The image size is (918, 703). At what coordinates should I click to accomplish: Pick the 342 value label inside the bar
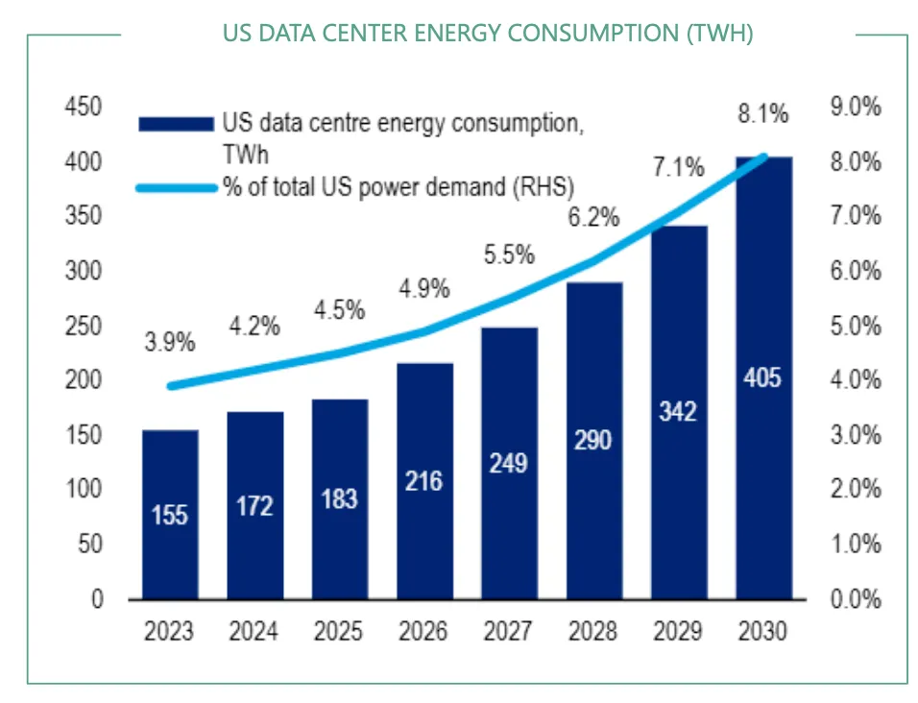tap(679, 412)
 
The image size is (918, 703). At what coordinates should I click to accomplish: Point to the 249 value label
tap(508, 463)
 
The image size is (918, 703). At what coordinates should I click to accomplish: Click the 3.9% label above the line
tap(170, 341)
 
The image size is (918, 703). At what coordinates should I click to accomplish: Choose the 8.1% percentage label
tap(762, 114)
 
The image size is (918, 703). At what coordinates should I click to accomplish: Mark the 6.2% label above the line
tap(592, 218)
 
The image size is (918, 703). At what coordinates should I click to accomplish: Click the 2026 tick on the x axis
tap(423, 632)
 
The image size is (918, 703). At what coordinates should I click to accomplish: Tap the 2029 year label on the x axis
tap(679, 632)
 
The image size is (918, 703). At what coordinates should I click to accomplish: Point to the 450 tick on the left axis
tap(83, 107)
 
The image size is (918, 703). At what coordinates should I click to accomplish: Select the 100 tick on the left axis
tap(83, 490)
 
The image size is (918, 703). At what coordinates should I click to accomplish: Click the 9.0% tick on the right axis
tap(855, 107)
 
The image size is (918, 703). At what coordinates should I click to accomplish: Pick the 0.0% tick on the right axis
tap(855, 599)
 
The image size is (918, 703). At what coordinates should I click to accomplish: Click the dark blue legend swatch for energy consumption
tap(175, 123)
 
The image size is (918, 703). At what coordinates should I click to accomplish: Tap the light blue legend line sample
tap(175, 187)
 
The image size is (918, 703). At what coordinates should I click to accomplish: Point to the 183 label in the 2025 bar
tap(338, 498)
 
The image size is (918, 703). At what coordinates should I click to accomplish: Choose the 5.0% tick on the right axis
tap(855, 326)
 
